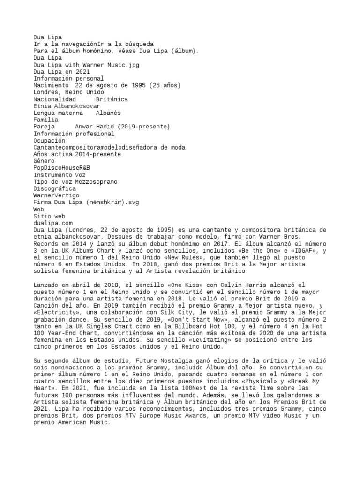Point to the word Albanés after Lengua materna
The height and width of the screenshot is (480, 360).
click(x=108, y=113)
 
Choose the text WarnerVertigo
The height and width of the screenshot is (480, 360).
click(x=56, y=195)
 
